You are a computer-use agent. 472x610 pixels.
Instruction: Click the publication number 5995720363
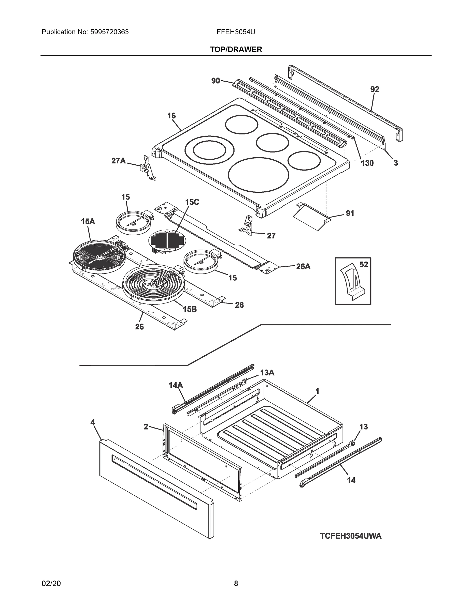[x=109, y=32]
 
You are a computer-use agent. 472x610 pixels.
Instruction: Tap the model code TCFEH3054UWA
[x=351, y=536]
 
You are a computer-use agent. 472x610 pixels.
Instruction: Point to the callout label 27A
[x=118, y=161]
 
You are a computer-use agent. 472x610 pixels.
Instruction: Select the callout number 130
[x=367, y=163]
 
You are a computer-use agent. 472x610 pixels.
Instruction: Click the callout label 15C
[x=192, y=202]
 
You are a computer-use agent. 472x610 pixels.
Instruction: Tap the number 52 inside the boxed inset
[x=364, y=265]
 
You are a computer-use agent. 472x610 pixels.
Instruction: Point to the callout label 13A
[x=267, y=373]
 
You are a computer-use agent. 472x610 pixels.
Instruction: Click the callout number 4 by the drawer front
[x=93, y=422]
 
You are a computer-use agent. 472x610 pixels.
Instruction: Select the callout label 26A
[x=303, y=266]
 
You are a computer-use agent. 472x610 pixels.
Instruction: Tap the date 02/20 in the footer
[x=51, y=584]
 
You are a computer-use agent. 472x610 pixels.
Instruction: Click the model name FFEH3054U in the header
[x=236, y=32]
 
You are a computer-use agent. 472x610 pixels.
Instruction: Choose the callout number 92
[x=375, y=89]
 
